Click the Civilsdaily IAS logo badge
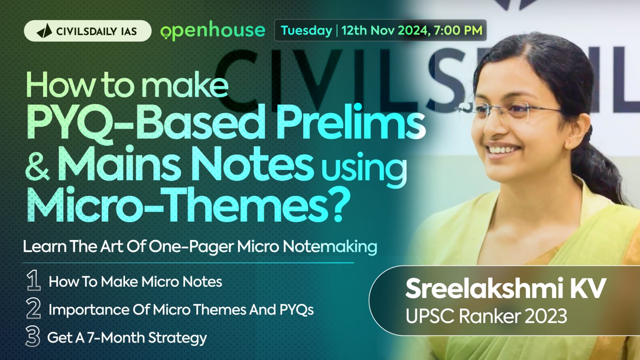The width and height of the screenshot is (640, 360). [x=87, y=31]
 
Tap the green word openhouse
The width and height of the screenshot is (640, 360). [x=213, y=31]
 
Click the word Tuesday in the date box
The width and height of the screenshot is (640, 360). [x=306, y=30]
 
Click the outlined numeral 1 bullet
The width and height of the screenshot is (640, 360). [x=33, y=280]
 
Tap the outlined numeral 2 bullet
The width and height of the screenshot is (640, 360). [x=33, y=308]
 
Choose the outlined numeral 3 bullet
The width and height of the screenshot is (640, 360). [x=33, y=336]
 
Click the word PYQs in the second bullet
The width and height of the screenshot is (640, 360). [x=296, y=310]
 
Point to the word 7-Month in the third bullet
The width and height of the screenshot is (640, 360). [x=115, y=338]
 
